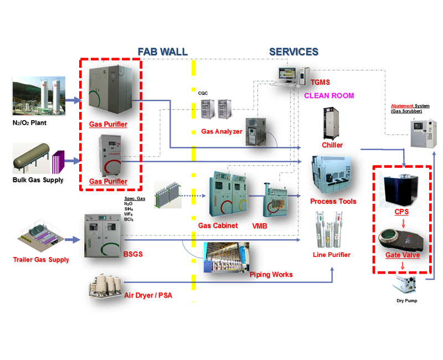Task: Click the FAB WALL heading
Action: (162, 52)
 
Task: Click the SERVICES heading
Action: (293, 52)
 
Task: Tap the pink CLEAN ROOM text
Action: (329, 96)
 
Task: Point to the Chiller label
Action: (332, 145)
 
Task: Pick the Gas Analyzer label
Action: (221, 132)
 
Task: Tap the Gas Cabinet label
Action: (218, 226)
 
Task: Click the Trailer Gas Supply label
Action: (41, 259)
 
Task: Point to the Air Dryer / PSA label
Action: (148, 295)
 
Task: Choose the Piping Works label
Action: (271, 274)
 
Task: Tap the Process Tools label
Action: (333, 201)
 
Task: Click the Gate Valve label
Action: (403, 255)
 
